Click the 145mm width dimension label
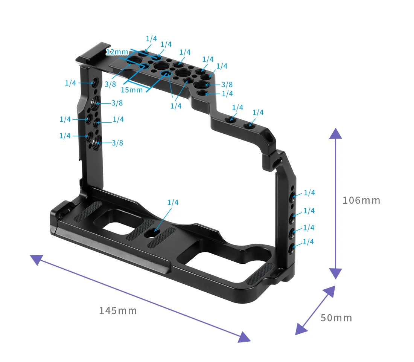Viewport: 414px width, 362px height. (x=118, y=311)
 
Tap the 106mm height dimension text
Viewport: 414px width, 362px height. (x=361, y=200)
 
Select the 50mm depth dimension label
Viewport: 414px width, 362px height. (x=336, y=318)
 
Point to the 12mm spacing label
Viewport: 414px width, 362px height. (x=117, y=52)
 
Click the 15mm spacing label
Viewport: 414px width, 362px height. (x=132, y=90)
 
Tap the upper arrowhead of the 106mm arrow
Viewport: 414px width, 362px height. (x=335, y=133)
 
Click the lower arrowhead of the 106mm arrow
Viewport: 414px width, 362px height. (x=335, y=273)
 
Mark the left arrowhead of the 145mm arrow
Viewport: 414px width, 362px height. (x=36, y=260)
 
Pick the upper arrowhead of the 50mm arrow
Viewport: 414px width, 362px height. (x=329, y=292)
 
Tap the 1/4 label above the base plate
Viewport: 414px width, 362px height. (x=173, y=203)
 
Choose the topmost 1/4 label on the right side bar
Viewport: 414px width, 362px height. (x=309, y=193)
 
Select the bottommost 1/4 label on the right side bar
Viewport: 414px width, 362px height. (x=308, y=242)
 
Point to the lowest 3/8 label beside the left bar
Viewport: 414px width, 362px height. (x=117, y=143)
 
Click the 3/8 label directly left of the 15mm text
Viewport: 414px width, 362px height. (x=110, y=84)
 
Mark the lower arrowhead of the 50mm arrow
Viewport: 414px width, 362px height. (x=301, y=329)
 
